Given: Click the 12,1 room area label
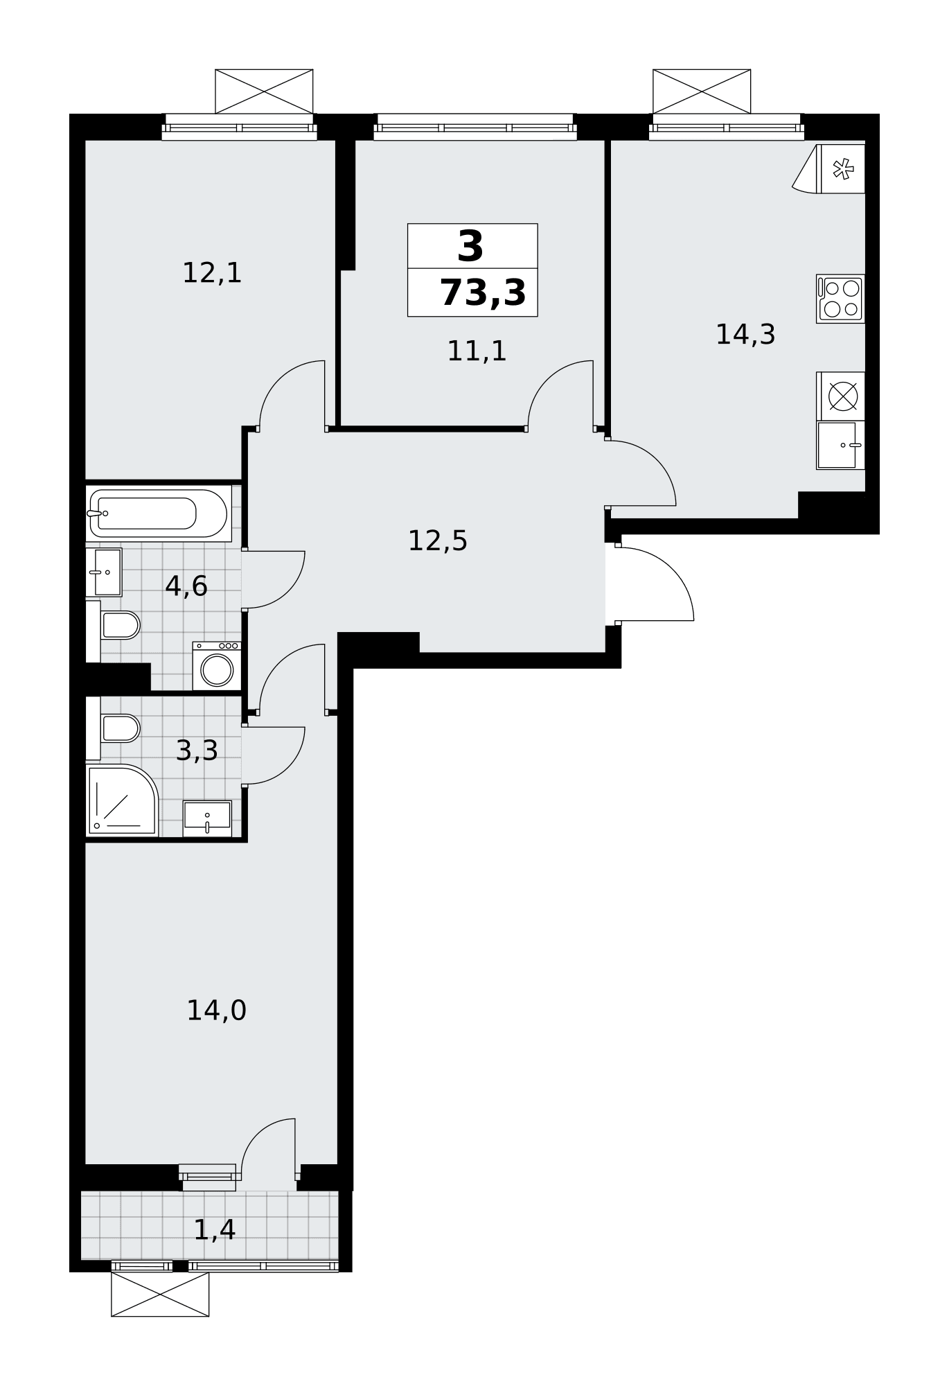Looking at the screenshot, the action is pyautogui.click(x=212, y=273).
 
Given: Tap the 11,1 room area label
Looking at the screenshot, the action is pyautogui.click(x=477, y=351).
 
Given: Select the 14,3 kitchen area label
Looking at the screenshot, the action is pyautogui.click(x=745, y=335).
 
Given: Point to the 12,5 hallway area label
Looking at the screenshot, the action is pyautogui.click(x=438, y=541).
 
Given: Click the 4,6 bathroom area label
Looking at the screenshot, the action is pyautogui.click(x=186, y=586).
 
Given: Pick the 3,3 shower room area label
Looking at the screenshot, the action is pyautogui.click(x=197, y=751).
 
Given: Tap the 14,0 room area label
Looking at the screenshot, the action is pyautogui.click(x=217, y=1010).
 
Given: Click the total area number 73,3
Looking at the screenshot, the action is pyautogui.click(x=483, y=292).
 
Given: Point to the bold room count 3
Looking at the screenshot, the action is pyautogui.click(x=471, y=247).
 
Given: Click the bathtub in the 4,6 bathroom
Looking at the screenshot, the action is pyautogui.click(x=159, y=514).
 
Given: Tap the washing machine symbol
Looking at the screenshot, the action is pyautogui.click(x=217, y=666).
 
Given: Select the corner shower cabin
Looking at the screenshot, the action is pyautogui.click(x=122, y=800).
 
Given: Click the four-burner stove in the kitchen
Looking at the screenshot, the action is pyautogui.click(x=840, y=299).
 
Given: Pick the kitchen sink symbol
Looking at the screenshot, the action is pyautogui.click(x=840, y=445).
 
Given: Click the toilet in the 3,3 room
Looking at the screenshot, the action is pyautogui.click(x=113, y=728).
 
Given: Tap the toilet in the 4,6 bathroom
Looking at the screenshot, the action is pyautogui.click(x=113, y=626).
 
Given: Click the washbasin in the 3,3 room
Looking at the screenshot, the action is pyautogui.click(x=207, y=818).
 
